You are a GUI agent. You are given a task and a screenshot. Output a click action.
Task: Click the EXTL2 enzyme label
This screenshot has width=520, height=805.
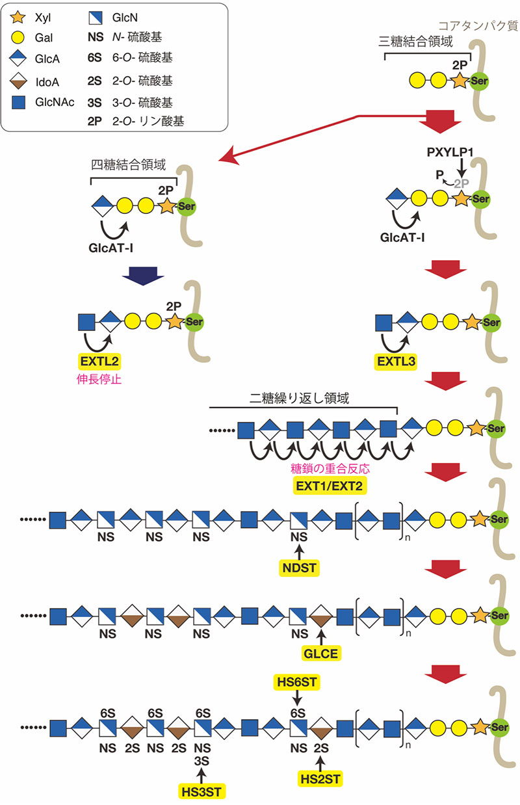pyautogui.click(x=99, y=361)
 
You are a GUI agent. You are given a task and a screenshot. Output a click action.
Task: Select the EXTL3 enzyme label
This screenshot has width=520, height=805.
pyautogui.click(x=396, y=362)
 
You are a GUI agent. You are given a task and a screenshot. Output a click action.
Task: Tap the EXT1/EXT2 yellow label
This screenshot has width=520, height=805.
pyautogui.click(x=330, y=486)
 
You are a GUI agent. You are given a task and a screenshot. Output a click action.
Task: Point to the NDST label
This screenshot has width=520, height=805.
pyautogui.click(x=299, y=568)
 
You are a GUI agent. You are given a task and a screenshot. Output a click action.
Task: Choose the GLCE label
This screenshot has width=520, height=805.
pyautogui.click(x=320, y=653)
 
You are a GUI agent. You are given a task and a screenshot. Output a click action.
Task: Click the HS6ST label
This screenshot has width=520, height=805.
pyautogui.click(x=297, y=682)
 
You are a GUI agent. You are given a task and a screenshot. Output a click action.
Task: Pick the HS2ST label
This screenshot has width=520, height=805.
pyautogui.click(x=320, y=779)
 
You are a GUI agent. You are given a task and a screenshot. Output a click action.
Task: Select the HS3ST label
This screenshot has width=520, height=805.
pyautogui.click(x=201, y=792)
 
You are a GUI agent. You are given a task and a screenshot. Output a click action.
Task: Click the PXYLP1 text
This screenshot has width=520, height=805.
pyautogui.click(x=450, y=152)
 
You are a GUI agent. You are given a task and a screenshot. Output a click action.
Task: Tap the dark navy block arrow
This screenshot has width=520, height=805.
pyautogui.click(x=143, y=276)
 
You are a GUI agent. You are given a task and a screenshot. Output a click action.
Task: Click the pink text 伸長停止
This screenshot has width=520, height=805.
pyautogui.click(x=99, y=380)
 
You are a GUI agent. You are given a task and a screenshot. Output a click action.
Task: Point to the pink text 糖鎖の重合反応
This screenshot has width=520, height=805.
pyautogui.click(x=330, y=469)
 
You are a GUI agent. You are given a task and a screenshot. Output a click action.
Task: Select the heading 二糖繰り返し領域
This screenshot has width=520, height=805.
pyautogui.click(x=299, y=398)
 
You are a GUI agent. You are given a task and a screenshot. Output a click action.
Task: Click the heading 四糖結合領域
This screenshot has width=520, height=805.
pyautogui.click(x=128, y=165)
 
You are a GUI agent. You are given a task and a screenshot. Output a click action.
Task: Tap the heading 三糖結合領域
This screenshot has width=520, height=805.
pyautogui.click(x=415, y=42)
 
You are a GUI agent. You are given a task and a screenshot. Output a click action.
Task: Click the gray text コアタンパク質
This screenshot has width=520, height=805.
pyautogui.click(x=478, y=26)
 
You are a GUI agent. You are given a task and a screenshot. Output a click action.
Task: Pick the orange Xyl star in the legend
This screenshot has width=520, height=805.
pyautogui.click(x=18, y=18)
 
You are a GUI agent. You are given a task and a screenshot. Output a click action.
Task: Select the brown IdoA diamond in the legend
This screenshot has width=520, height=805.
pyautogui.click(x=18, y=81)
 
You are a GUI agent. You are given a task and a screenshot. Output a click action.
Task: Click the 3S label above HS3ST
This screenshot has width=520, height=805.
pyautogui.click(x=201, y=761)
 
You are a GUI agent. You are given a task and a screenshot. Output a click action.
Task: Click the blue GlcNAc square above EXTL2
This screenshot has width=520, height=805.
pyautogui.click(x=86, y=322)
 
